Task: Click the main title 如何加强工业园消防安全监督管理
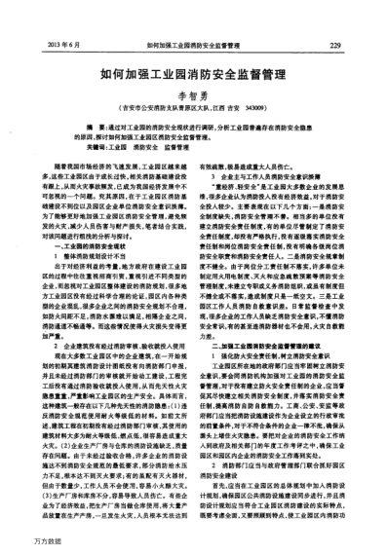click(x=192, y=73)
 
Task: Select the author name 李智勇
click(x=193, y=96)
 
